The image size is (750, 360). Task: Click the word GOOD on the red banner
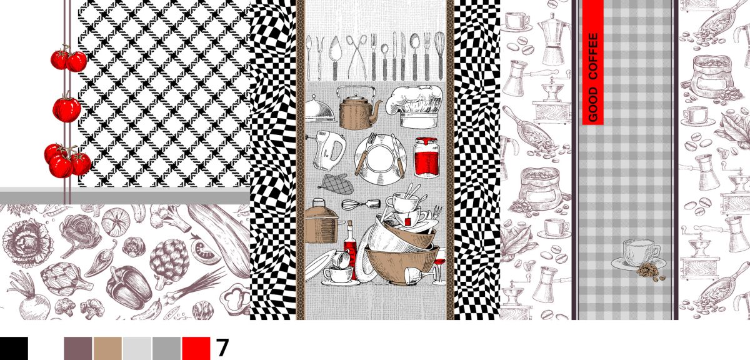(x=593, y=105)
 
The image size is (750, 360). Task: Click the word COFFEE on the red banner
(x=593, y=56)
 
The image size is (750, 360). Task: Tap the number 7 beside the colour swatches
(x=222, y=347)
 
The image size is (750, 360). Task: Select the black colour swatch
(x=14, y=348)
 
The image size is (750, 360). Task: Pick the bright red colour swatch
(x=196, y=348)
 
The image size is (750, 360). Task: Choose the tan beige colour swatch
(x=107, y=348)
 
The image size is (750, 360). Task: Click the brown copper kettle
(x=358, y=108)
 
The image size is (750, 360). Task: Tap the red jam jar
(x=426, y=157)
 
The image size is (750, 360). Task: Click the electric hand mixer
(x=328, y=151)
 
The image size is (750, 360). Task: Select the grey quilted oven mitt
(x=336, y=184)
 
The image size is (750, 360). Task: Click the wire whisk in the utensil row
(x=439, y=55)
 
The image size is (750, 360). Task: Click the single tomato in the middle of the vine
(x=67, y=109)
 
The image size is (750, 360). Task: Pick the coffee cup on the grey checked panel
(x=638, y=255)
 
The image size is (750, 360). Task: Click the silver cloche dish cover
(x=319, y=110)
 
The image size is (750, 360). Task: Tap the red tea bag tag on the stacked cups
(x=407, y=221)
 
